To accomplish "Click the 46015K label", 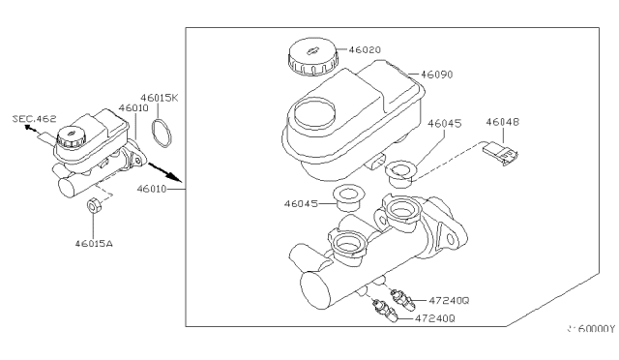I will coord(160,98).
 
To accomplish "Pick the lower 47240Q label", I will coord(434,317).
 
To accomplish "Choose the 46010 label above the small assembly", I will coord(132,109).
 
